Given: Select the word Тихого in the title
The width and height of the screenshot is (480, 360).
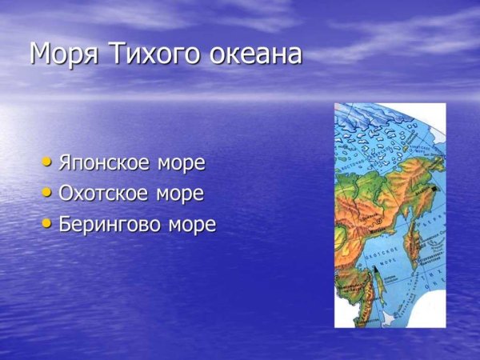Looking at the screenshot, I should tap(139, 54).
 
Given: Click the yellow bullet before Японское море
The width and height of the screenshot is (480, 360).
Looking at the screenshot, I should tap(48, 162).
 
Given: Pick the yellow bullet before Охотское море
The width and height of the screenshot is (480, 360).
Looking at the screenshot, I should tap(48, 193).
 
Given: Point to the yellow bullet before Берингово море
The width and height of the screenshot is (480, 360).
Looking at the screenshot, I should tap(48, 224).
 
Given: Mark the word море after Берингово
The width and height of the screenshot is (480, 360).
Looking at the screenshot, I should tap(192, 225).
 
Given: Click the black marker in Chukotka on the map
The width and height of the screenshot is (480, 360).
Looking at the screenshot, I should tap(433, 190).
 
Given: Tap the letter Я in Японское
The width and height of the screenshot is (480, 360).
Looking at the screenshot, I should tap(65, 163).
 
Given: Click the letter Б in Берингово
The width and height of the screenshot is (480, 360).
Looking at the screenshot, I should tap(65, 225).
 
